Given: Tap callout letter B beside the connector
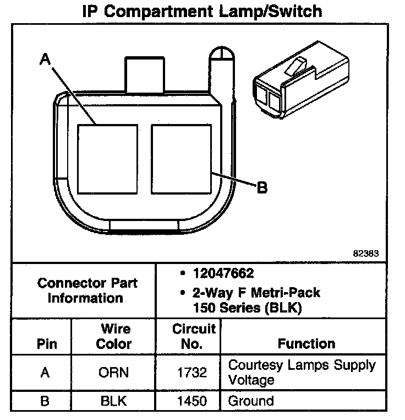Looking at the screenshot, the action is pyautogui.click(x=262, y=188).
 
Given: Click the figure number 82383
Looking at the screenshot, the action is pyautogui.click(x=366, y=254).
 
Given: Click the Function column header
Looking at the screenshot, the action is pyautogui.click(x=307, y=344).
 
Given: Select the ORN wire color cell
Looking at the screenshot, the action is pyautogui.click(x=114, y=373).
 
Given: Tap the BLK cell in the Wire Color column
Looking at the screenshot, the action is pyautogui.click(x=114, y=401).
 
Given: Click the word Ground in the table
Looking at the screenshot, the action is pyautogui.click(x=250, y=401).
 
